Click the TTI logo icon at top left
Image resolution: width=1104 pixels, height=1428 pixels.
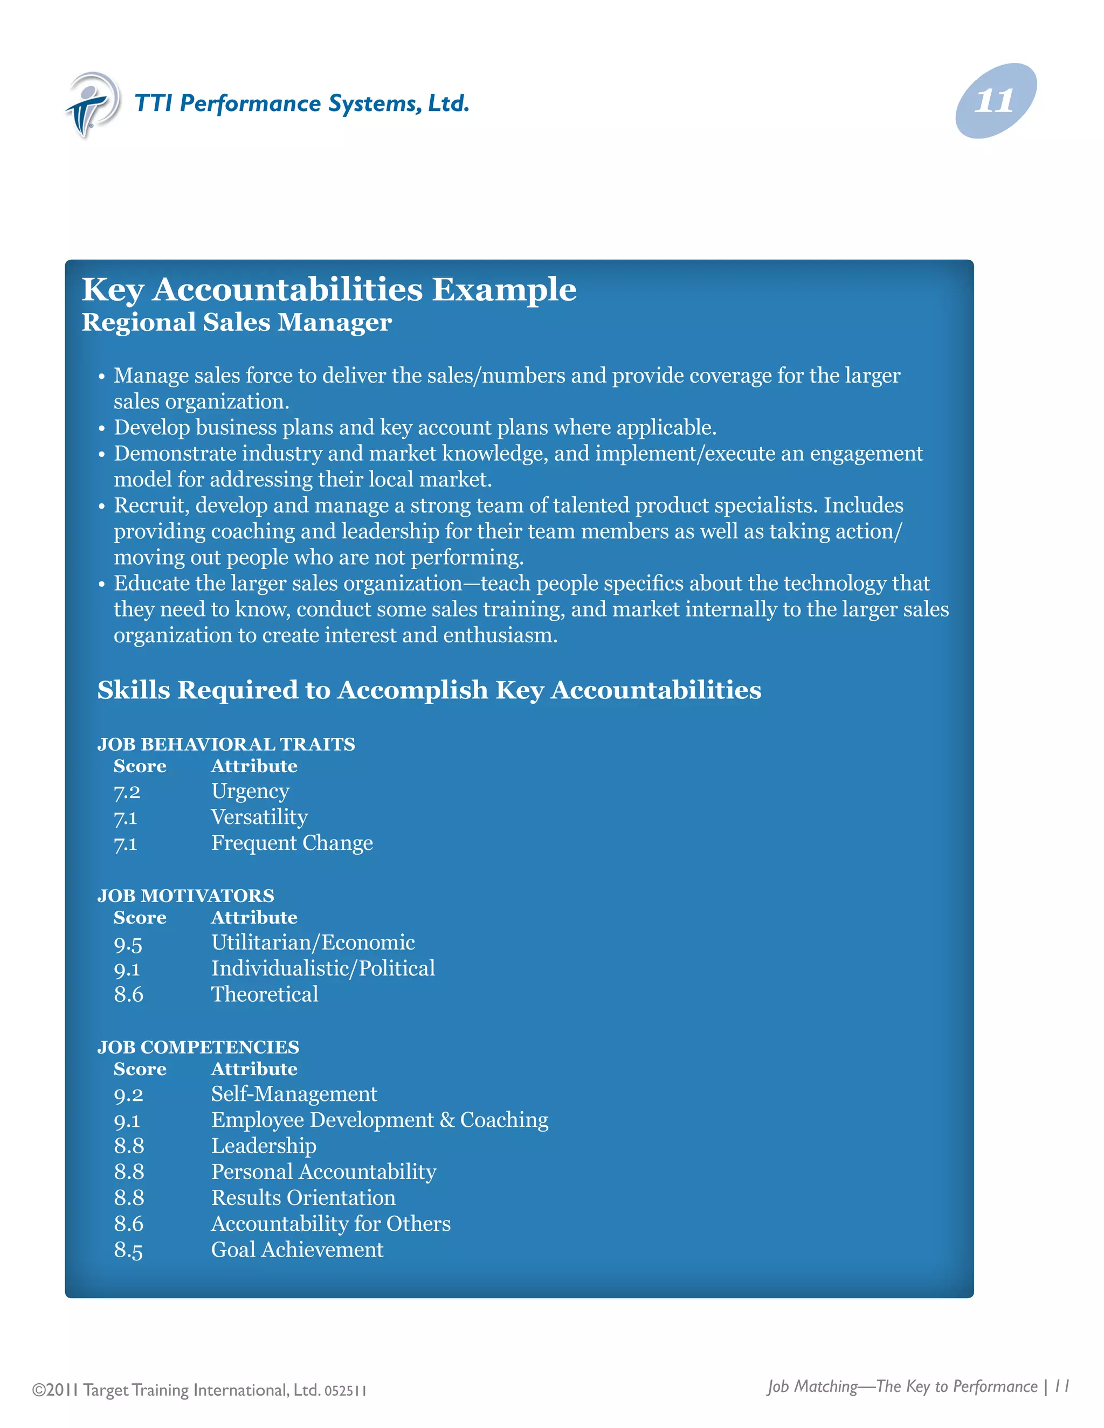pos(93,105)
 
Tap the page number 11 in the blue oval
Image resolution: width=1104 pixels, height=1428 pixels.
pos(995,101)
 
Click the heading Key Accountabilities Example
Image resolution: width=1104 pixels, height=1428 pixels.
pos(328,290)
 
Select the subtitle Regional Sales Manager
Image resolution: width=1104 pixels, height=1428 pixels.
pos(236,322)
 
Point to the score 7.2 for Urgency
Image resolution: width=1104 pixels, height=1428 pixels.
pos(127,792)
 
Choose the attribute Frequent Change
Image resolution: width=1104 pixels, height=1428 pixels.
pos(292,843)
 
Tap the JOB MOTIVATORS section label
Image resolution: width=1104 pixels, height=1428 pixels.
pos(186,896)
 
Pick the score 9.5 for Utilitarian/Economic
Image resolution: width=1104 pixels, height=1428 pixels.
pos(128,944)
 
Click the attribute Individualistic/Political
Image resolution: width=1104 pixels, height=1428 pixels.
pos(322,968)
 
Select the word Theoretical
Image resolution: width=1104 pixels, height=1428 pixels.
pos(264,995)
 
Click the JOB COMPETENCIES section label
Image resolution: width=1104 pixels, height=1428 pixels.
pos(198,1048)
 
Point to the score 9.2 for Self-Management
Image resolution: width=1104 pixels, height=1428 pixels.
pos(128,1094)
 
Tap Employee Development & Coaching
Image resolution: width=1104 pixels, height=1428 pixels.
pos(379,1120)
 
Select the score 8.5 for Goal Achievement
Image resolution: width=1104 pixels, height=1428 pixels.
pos(128,1250)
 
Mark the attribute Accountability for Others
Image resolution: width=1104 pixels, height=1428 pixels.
pos(330,1224)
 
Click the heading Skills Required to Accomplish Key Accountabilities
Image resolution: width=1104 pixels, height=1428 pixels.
pos(429,690)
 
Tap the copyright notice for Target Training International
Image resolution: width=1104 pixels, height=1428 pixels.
pos(199,1390)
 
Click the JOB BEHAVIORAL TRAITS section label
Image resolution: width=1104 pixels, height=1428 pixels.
pos(226,744)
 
